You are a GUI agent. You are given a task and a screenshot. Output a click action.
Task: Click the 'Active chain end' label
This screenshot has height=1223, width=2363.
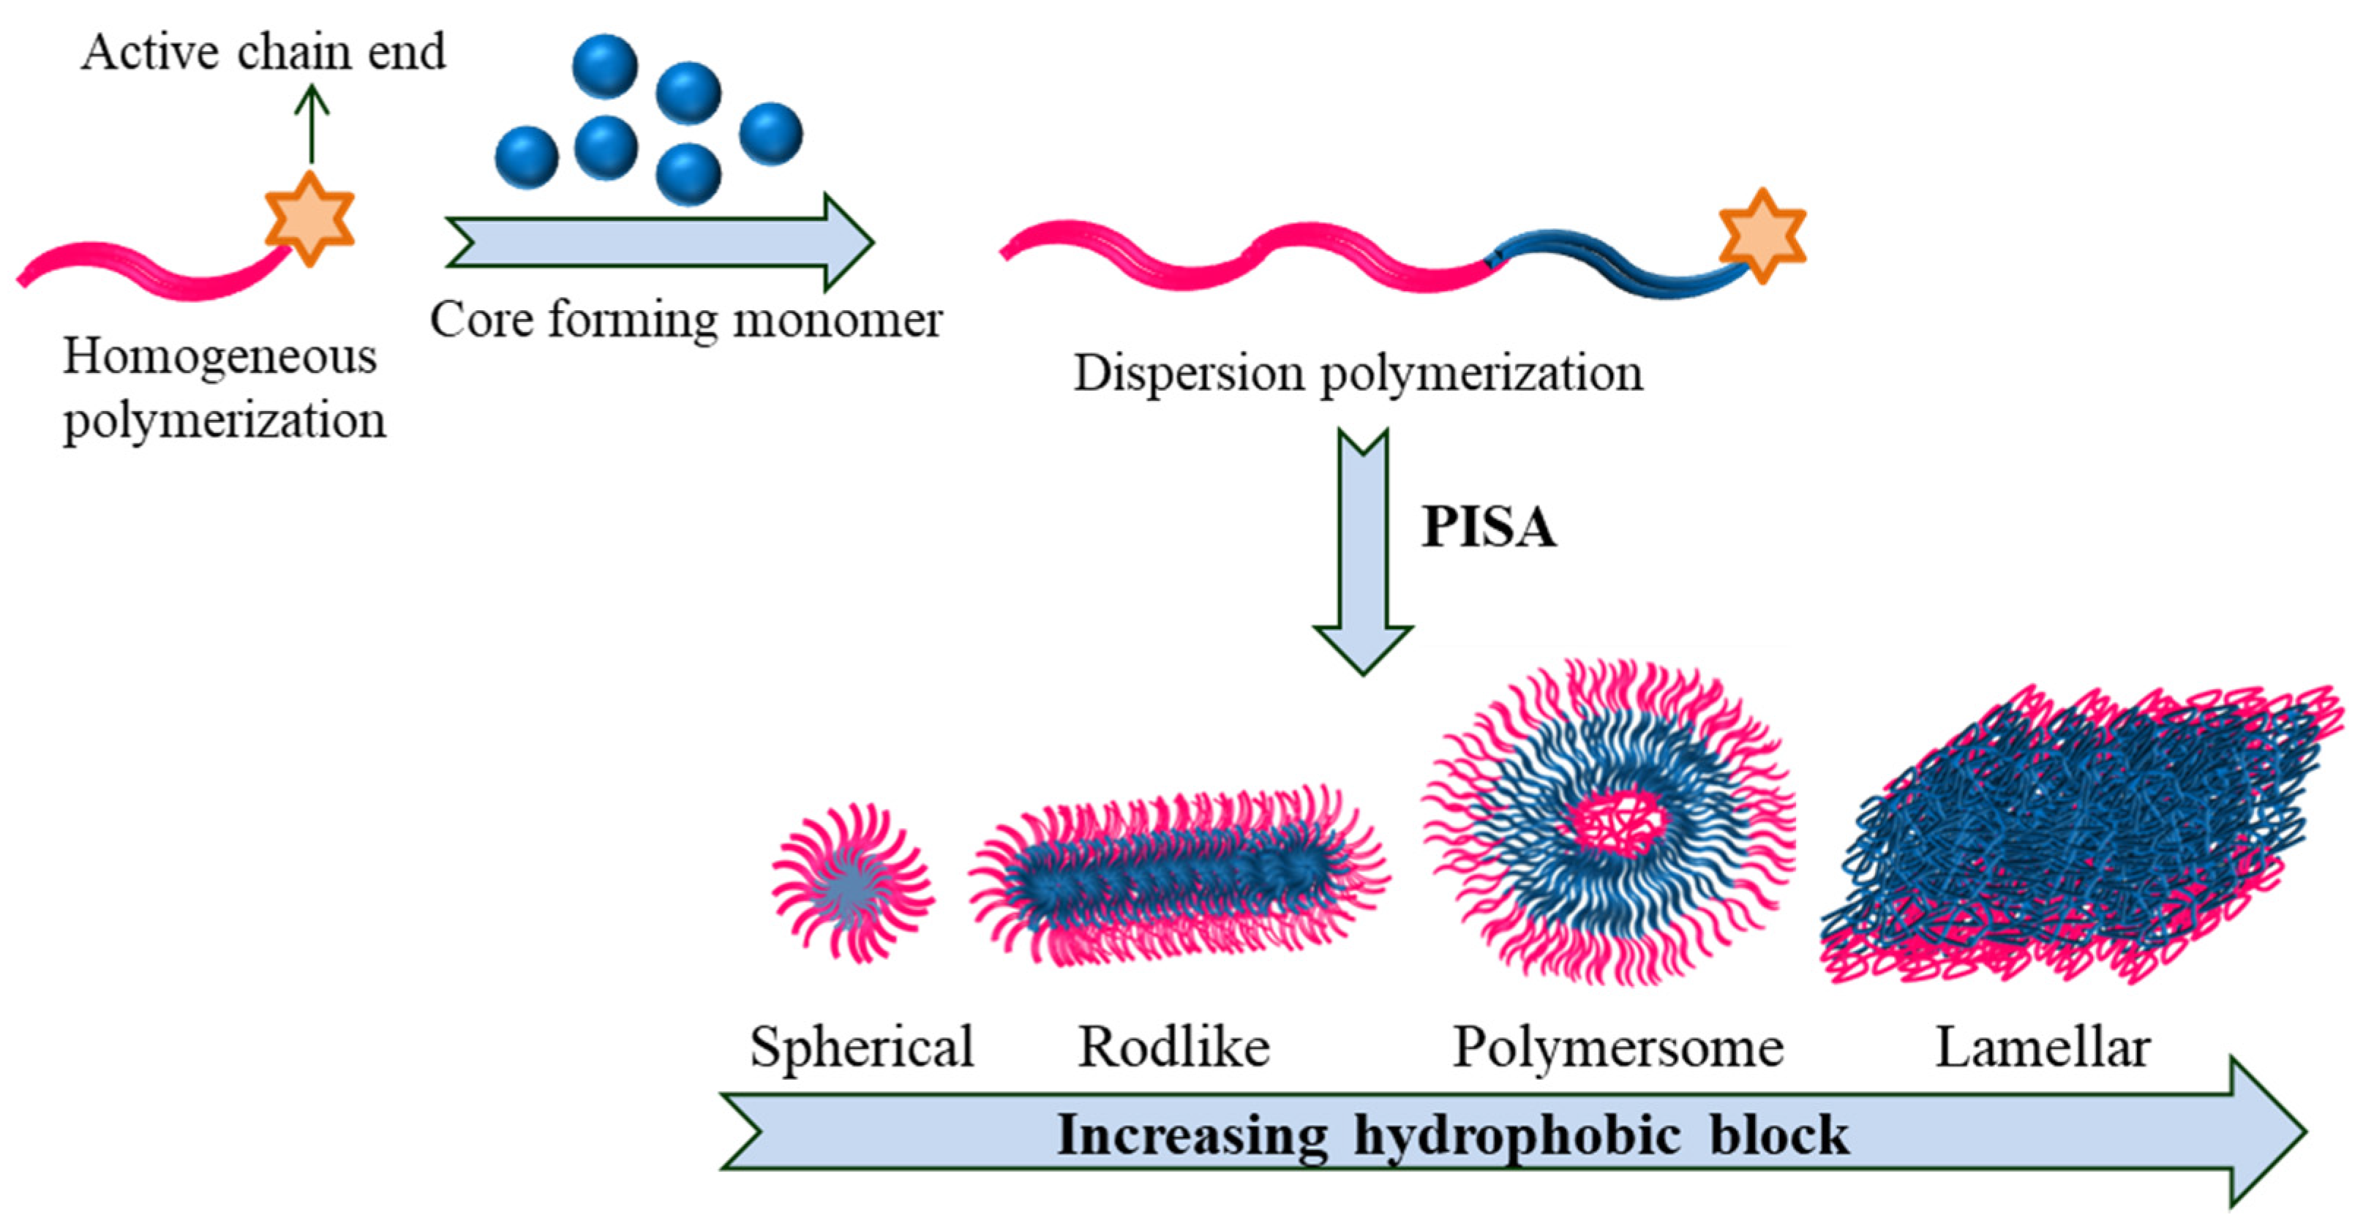[263, 51]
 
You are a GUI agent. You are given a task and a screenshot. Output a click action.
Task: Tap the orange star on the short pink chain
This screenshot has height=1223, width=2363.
[309, 219]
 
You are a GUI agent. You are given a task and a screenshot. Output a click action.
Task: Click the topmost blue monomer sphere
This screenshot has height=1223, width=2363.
[604, 66]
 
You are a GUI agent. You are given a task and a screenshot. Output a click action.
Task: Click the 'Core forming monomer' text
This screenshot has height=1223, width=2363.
[685, 320]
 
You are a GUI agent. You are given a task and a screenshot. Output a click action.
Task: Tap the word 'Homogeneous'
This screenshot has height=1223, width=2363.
[219, 356]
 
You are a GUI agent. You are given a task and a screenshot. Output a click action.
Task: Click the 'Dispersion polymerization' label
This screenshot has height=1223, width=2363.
[1358, 374]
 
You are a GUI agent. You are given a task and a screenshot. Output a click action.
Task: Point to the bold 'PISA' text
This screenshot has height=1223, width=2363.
[1488, 527]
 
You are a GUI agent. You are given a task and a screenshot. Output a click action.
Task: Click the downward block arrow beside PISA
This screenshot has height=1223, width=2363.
[1362, 551]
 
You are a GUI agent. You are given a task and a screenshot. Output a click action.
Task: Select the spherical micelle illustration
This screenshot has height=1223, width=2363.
[852, 884]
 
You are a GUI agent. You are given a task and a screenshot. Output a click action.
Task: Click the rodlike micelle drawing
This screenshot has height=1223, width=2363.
[1179, 876]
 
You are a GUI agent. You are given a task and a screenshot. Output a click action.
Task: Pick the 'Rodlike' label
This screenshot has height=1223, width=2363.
[1173, 1047]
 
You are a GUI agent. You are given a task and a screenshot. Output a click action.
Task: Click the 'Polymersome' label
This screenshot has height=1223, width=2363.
[1618, 1047]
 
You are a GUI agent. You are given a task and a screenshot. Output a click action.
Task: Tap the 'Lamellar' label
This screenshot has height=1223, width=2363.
[2042, 1047]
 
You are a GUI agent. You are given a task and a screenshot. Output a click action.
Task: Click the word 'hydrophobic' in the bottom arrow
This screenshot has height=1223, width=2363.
[1517, 1136]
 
